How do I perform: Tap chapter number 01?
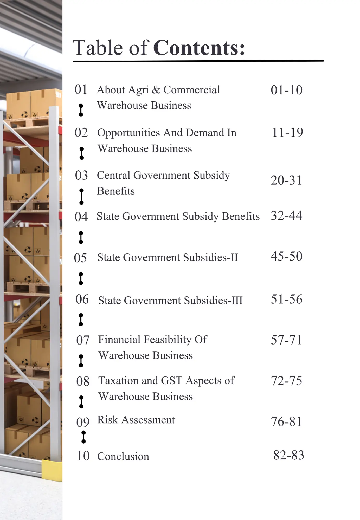[x=81, y=90]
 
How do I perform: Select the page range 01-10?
[x=286, y=90]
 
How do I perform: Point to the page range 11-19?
[x=287, y=133]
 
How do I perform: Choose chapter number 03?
[x=81, y=175]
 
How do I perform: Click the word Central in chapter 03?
[x=114, y=175]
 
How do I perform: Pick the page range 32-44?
[x=286, y=216]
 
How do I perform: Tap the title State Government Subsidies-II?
[x=168, y=258]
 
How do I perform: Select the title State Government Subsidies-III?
[x=170, y=301]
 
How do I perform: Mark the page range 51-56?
[x=286, y=299]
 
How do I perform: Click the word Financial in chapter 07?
[x=119, y=340]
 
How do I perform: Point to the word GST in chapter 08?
[x=171, y=381]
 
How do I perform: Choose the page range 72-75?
[x=286, y=381]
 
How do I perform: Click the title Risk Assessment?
[x=136, y=420]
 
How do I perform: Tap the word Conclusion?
[x=123, y=457]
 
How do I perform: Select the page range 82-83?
[x=288, y=455]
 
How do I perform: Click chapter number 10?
[x=83, y=456]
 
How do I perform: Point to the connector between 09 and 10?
[x=83, y=437]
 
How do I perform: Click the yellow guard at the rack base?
[x=52, y=470]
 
